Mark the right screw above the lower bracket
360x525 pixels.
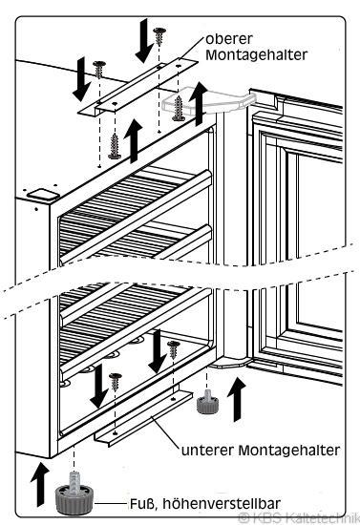173,352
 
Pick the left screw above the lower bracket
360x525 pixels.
117,380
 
